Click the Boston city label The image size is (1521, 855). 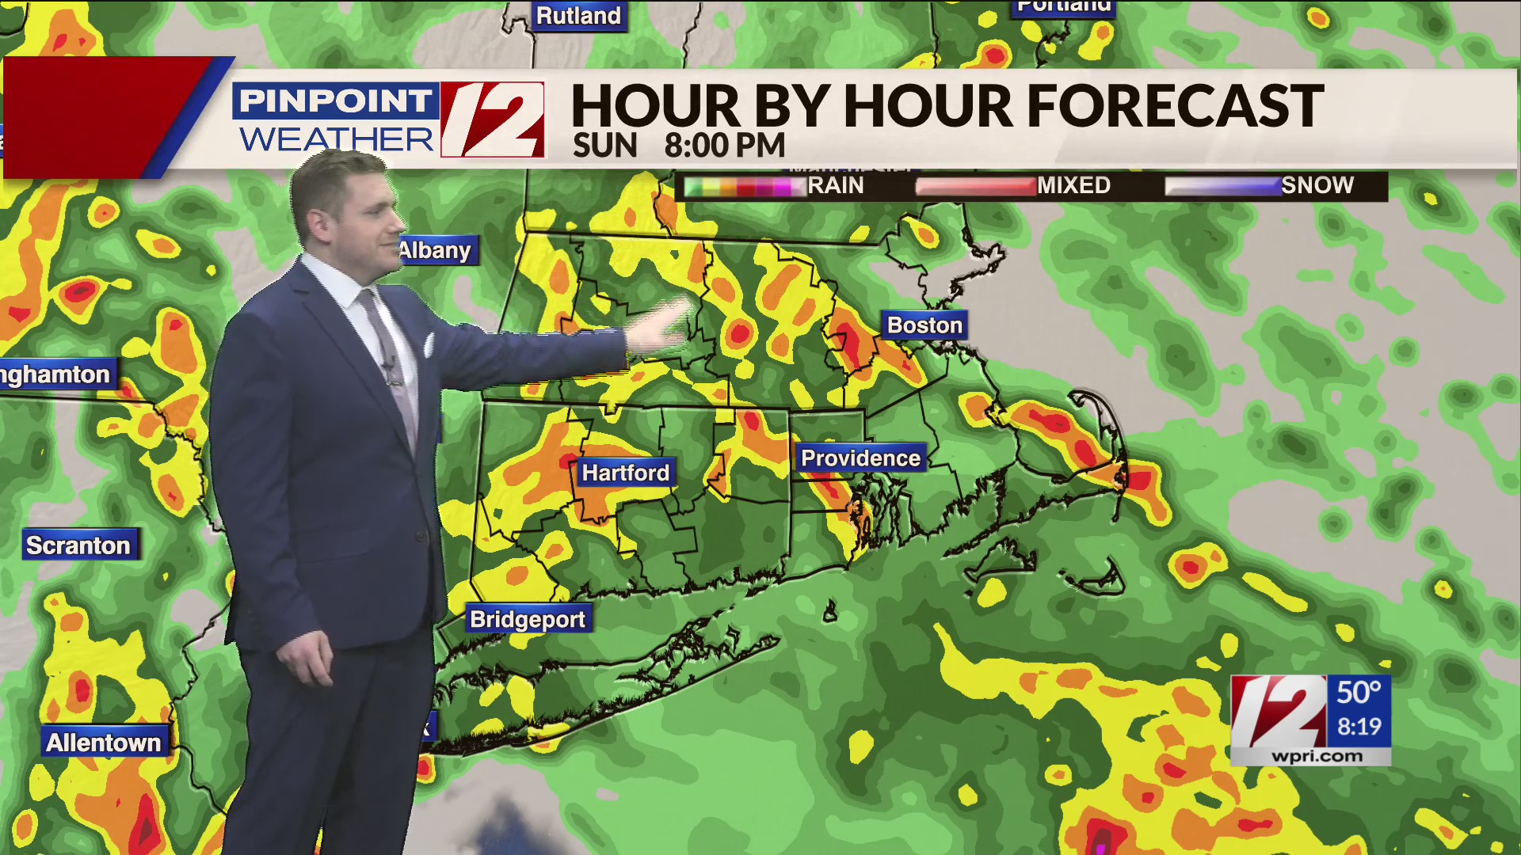(x=924, y=325)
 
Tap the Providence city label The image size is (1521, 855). (x=860, y=458)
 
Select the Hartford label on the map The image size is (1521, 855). (x=626, y=473)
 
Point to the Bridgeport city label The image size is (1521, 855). (x=528, y=619)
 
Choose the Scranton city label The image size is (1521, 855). (x=78, y=545)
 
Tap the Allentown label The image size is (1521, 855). (x=104, y=743)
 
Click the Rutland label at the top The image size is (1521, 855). (x=578, y=15)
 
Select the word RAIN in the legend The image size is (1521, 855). (x=835, y=185)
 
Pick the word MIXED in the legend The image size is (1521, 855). (x=1073, y=185)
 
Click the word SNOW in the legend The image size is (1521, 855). (x=1317, y=185)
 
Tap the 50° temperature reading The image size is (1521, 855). (x=1359, y=693)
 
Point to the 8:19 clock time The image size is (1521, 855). (x=1359, y=726)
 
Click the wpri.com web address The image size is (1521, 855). (x=1317, y=756)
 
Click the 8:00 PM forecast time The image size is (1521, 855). (x=724, y=146)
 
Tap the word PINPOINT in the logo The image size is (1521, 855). (x=335, y=101)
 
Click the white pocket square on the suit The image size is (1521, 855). (x=429, y=345)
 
